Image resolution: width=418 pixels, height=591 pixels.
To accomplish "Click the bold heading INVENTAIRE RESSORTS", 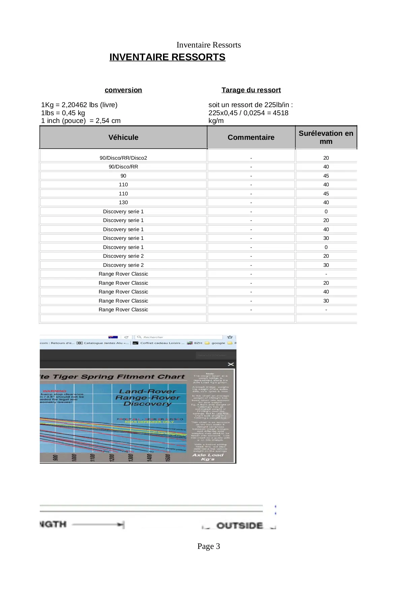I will click(x=167, y=57).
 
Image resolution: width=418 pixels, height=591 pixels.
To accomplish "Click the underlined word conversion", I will click(x=123, y=90).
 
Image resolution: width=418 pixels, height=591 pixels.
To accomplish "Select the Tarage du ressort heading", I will click(x=251, y=90).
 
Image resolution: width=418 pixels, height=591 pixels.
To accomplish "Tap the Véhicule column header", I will click(x=123, y=137).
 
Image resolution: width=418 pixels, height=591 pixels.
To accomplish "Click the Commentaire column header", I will click(x=251, y=137).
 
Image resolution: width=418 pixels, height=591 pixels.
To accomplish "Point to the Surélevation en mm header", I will click(x=326, y=137).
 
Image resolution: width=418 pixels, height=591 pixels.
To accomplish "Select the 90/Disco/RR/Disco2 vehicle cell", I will click(x=123, y=158).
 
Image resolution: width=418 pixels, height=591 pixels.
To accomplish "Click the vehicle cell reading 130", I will click(x=123, y=203).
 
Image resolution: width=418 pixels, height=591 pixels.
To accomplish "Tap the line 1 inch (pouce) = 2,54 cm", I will click(x=81, y=121).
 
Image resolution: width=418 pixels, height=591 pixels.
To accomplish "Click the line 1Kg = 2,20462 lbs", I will click(x=79, y=105).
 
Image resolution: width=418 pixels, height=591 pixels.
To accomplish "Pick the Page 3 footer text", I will click(x=208, y=546).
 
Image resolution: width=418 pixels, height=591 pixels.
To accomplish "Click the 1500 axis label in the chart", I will click(x=168, y=458).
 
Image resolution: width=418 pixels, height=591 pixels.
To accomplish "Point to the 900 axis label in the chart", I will click(x=56, y=458).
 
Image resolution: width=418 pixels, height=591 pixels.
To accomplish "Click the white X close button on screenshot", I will click(x=231, y=364).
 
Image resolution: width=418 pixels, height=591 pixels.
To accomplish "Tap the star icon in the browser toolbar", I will click(x=230, y=337).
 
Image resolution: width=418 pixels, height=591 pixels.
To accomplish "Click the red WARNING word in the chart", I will click(x=55, y=391).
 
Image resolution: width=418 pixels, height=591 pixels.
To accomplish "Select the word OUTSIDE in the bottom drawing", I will click(x=239, y=526).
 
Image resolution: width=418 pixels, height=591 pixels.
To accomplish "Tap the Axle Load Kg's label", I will click(x=208, y=457).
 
